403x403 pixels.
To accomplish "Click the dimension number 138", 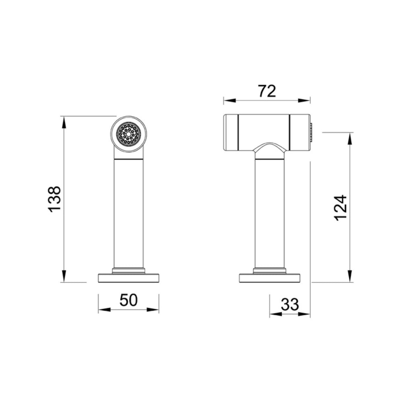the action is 54,199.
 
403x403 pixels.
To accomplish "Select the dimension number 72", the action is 267,91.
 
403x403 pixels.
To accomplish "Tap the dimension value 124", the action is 341,208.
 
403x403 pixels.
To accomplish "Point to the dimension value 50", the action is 129,300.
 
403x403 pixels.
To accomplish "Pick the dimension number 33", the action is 290,304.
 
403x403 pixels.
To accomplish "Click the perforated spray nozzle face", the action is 129,134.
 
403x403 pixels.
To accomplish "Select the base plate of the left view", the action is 129,278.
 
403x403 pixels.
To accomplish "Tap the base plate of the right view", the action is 270,278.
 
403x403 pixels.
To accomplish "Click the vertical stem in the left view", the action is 129,213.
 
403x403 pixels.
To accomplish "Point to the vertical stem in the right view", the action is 270,213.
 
